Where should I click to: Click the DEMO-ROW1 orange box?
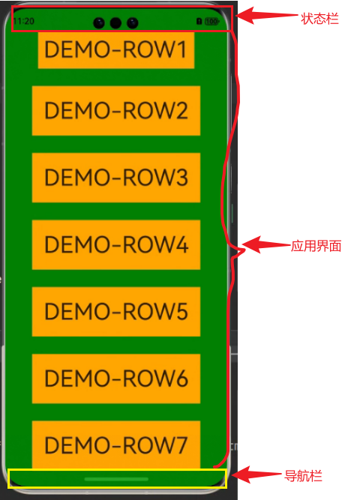(x=116, y=50)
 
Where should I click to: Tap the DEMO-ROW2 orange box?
(x=116, y=111)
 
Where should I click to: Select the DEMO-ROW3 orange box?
(x=116, y=178)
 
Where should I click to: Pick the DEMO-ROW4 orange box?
(x=116, y=244)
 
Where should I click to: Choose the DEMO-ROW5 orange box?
(x=116, y=312)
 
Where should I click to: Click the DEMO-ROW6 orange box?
(x=116, y=379)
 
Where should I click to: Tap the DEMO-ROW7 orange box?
(x=116, y=445)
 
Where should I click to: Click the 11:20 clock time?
(x=24, y=22)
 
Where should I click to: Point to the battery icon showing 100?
(x=212, y=22)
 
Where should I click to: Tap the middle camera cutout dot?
(x=115, y=23)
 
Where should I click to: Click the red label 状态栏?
(x=319, y=19)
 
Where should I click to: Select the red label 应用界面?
(x=316, y=246)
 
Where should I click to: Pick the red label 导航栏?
(x=303, y=476)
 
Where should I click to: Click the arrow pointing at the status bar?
(x=266, y=15)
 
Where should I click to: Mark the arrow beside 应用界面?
(x=266, y=245)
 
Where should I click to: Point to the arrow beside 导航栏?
(x=257, y=475)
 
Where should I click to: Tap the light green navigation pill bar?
(x=116, y=479)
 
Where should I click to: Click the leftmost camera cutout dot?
(x=98, y=23)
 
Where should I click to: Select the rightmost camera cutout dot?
(x=133, y=23)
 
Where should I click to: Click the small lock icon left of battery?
(x=199, y=22)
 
